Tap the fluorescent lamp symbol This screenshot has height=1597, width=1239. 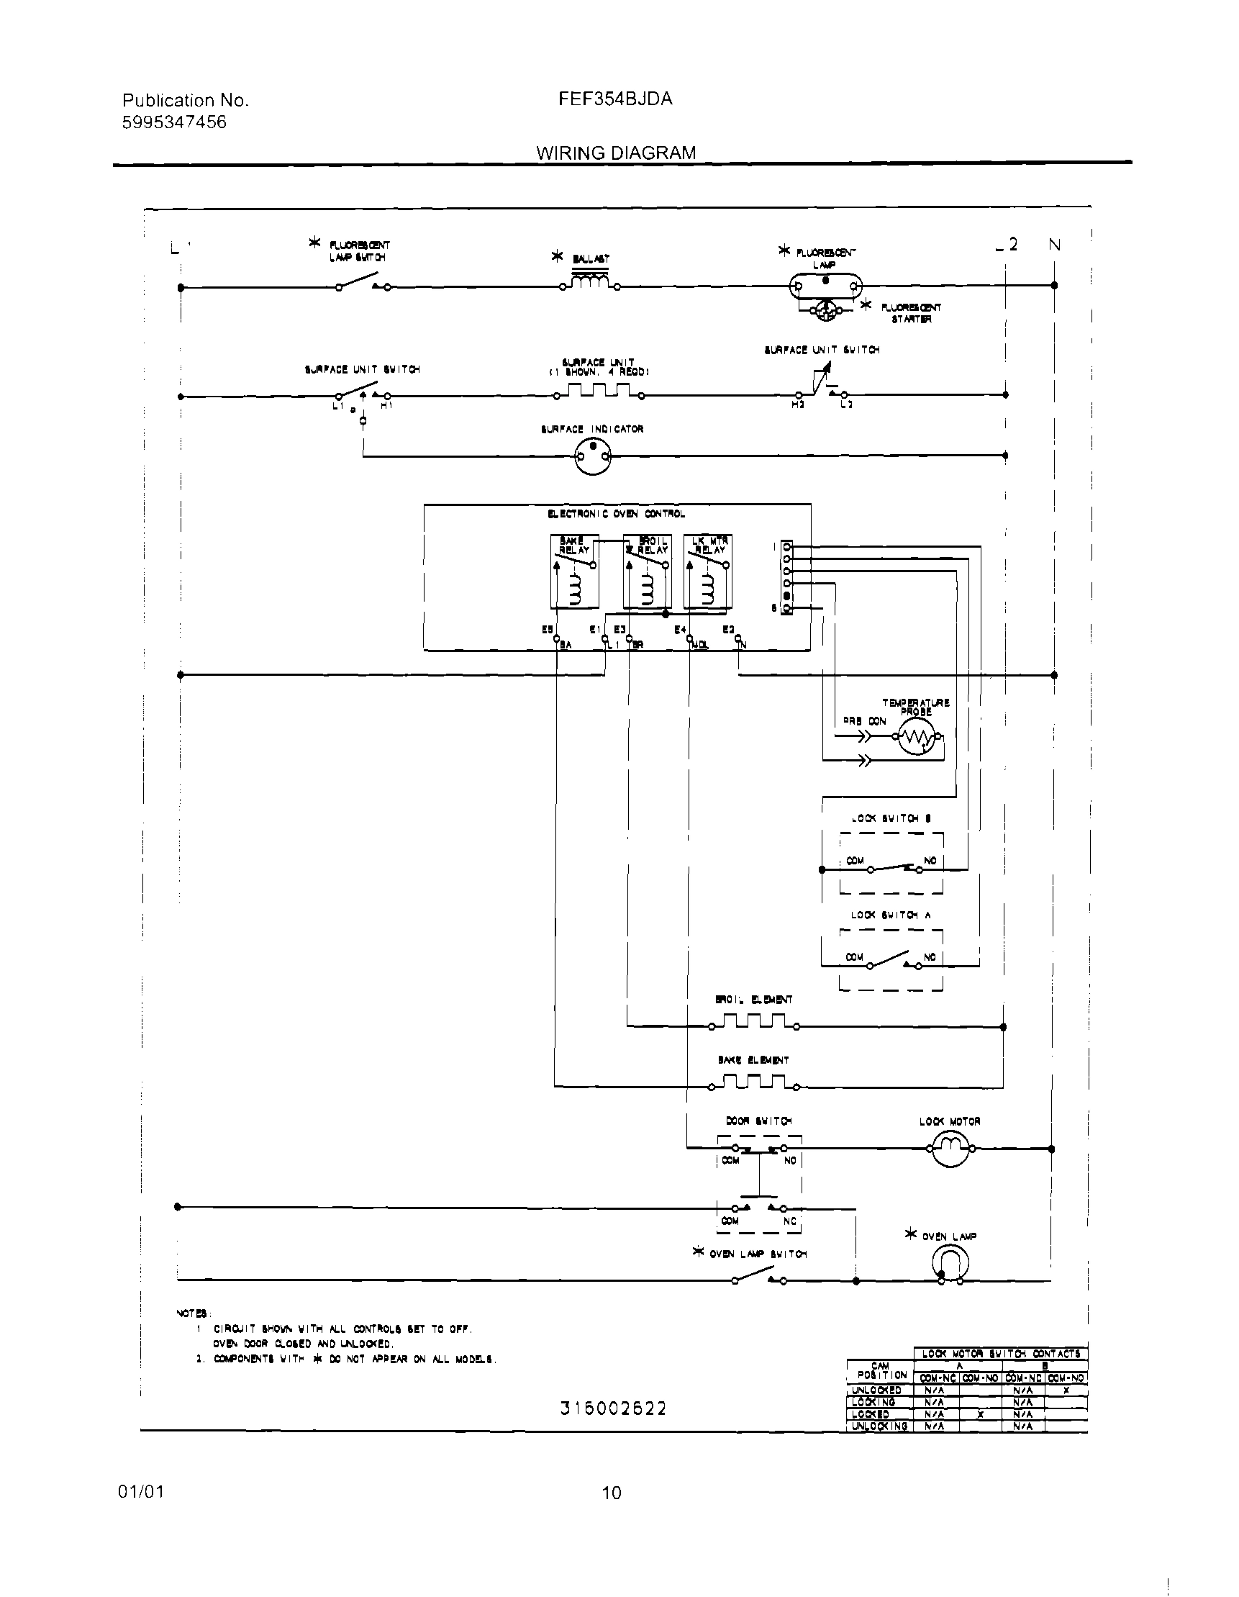coord(825,286)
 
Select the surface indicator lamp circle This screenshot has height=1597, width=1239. coord(592,456)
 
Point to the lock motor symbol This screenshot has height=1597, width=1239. coord(950,1148)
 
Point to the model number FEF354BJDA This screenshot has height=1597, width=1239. coord(614,99)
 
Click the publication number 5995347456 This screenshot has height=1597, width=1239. coord(174,122)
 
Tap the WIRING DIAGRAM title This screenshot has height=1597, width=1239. coord(615,153)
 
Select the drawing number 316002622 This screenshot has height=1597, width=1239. coord(613,1408)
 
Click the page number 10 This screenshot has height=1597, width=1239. coord(612,1493)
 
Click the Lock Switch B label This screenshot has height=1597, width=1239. coord(890,818)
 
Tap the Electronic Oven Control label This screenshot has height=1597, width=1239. coord(616,514)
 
